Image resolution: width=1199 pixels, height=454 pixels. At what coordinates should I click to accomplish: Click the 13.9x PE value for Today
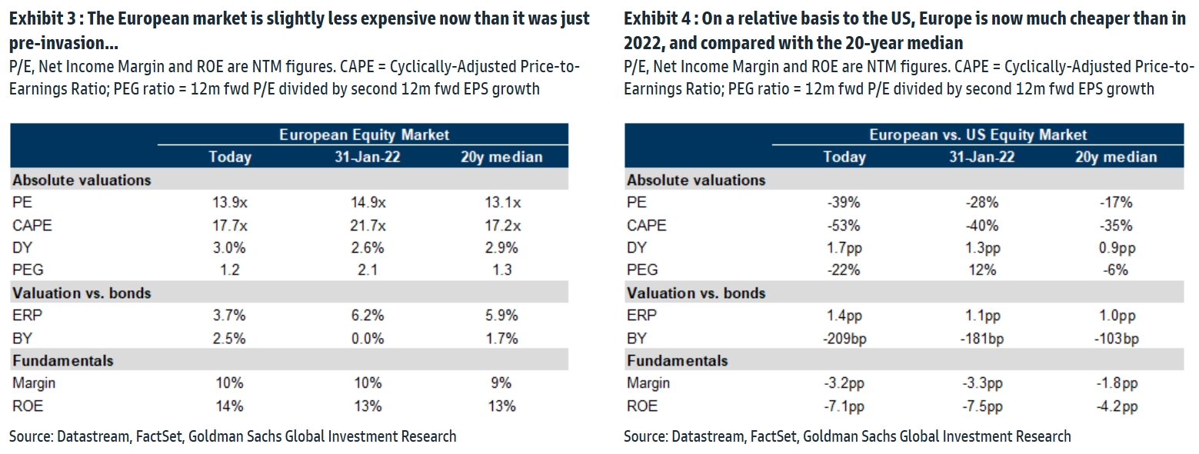pos(230,203)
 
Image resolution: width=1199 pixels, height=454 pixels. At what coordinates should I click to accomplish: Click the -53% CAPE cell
pos(844,225)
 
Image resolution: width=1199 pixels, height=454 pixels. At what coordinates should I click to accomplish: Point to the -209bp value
pos(844,337)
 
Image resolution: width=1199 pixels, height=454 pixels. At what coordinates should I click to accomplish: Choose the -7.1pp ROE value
pos(844,405)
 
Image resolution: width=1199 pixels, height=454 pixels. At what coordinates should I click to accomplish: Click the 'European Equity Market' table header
pos(364,134)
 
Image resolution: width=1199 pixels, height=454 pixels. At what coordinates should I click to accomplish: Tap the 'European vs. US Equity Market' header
pos(978,134)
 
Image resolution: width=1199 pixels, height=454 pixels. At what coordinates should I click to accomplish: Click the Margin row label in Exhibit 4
pos(648,383)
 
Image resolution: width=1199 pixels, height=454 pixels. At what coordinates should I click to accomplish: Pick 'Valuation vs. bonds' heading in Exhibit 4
pos(696,293)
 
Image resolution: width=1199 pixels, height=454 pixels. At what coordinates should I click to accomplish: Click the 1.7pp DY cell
pos(844,247)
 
